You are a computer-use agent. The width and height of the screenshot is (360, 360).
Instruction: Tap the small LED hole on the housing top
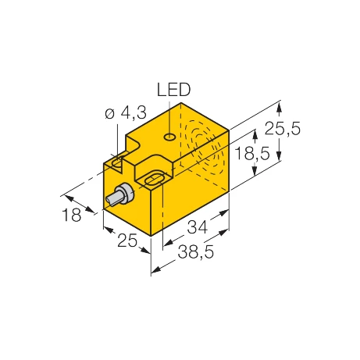tap(168, 138)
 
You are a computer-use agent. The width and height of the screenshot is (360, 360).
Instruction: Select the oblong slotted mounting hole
tap(150, 182)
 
